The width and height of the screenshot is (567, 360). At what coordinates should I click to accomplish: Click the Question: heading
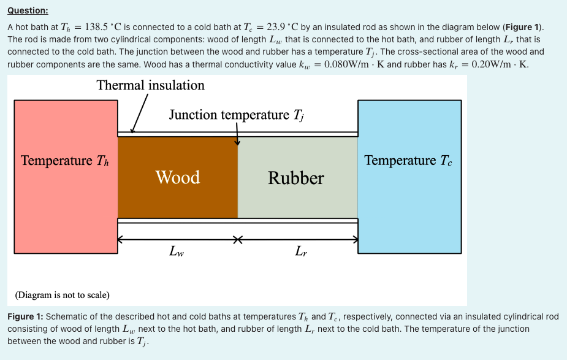[x=28, y=11]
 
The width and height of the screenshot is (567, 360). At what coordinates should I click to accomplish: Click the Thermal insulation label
[x=150, y=85]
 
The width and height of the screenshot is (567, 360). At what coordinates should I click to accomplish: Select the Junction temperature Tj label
[x=235, y=115]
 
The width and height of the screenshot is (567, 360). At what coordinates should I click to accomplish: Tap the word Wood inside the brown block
[x=177, y=178]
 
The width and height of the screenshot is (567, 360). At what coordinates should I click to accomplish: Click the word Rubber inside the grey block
[x=296, y=178]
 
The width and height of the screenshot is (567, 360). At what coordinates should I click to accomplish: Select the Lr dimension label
[x=301, y=251]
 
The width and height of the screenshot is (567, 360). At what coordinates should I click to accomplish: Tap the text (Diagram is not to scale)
[x=63, y=295]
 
